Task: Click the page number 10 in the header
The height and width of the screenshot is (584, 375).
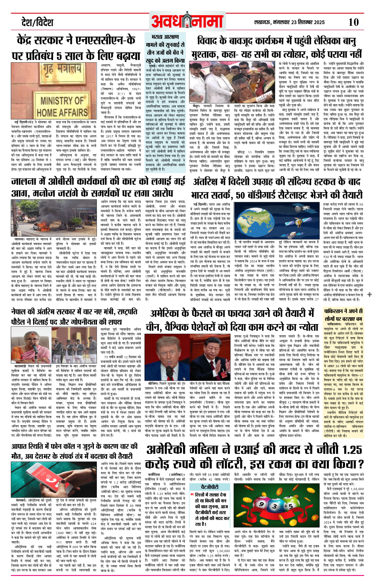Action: (x=353, y=22)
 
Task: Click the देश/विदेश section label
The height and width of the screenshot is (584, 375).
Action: (x=37, y=23)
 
